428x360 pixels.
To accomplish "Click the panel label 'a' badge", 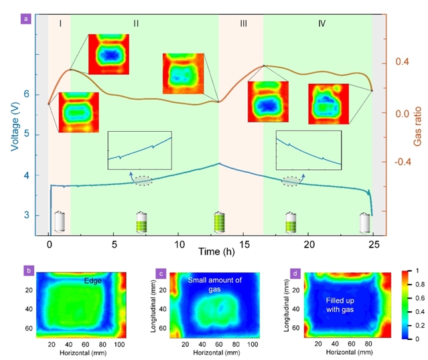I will point(25,18).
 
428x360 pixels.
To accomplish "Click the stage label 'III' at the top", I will point(242,23).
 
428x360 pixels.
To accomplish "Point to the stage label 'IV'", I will point(322,23).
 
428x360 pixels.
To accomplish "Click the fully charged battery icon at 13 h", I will point(219,221).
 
